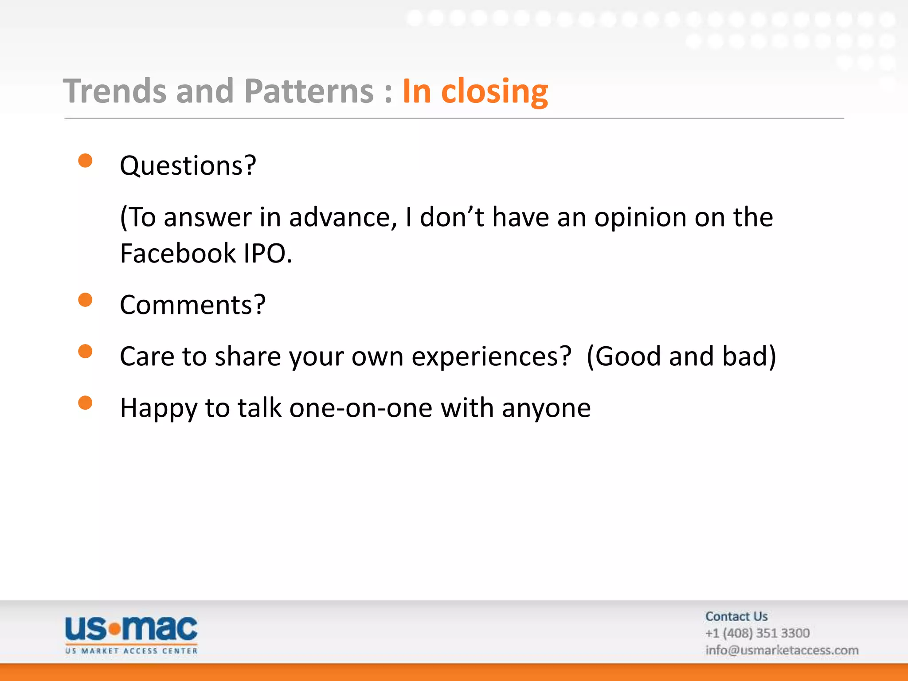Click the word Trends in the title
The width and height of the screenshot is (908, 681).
coord(115,91)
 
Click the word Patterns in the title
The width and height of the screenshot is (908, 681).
coord(309,91)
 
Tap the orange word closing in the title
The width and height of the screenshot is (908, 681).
coord(494,92)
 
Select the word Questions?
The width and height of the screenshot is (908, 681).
coord(188,166)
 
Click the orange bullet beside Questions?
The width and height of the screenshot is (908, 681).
coord(85,160)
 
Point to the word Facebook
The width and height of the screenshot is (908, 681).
coord(178,254)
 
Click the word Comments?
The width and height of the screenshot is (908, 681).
coord(192,305)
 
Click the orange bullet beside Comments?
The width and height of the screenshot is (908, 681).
coord(85,300)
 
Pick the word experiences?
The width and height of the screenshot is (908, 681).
coord(491,356)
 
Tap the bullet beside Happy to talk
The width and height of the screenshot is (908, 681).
coord(85,403)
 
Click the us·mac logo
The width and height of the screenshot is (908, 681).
coord(131,634)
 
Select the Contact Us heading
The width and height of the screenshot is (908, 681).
coord(736,616)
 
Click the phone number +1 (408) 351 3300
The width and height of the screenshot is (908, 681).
coord(757,633)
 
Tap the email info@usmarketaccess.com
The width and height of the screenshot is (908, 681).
coord(782,650)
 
